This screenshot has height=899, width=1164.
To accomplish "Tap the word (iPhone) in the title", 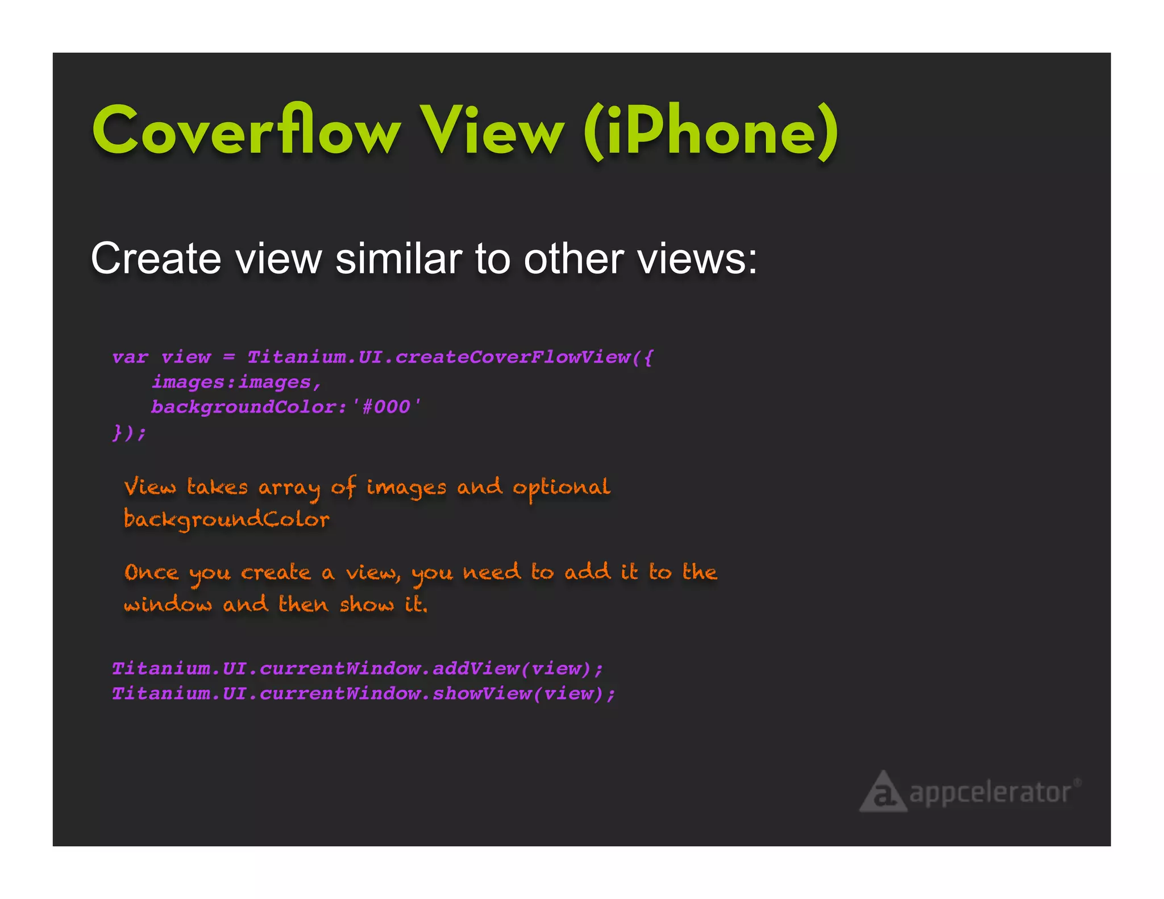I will click(710, 132).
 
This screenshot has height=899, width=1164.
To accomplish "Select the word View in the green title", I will click(492, 131).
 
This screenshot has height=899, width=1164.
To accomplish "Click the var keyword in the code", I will click(130, 357).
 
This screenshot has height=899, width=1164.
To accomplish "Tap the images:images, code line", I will click(236, 382).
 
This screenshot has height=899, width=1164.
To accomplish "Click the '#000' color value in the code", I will click(386, 407).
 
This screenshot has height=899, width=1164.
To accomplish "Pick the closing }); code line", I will click(129, 432).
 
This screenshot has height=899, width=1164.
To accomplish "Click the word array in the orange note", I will click(289, 488).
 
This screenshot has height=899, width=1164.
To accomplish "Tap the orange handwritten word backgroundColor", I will click(226, 519).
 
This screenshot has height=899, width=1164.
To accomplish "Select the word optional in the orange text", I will click(561, 488).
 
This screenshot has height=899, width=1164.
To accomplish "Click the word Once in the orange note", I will click(151, 572).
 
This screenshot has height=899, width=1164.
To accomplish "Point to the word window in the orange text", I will click(168, 604).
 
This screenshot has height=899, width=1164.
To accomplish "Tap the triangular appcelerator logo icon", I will click(883, 792).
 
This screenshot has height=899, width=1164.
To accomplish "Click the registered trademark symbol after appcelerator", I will click(1076, 783).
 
